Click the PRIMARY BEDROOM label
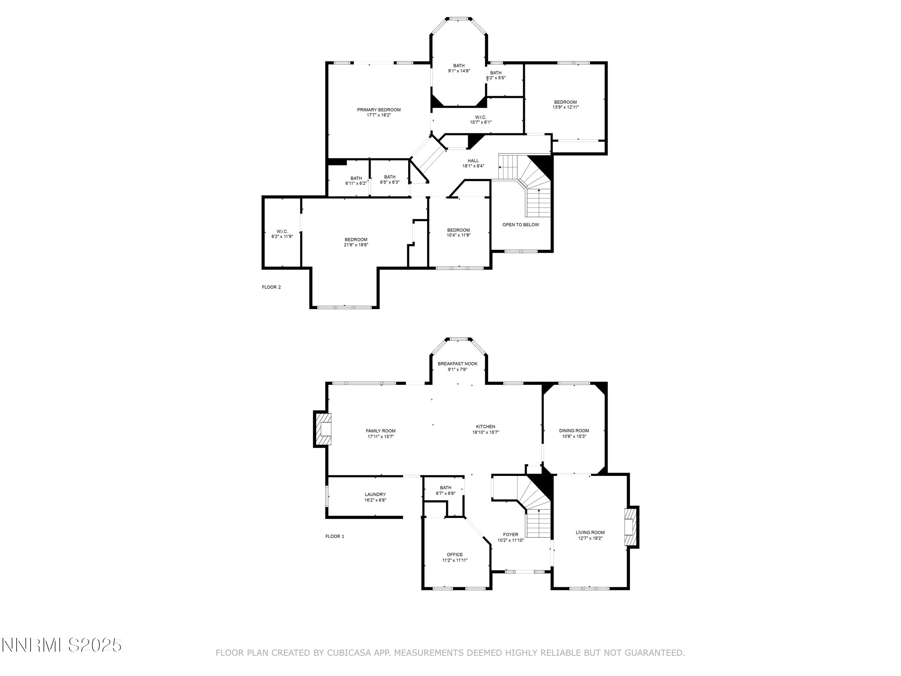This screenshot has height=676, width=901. click(378, 110)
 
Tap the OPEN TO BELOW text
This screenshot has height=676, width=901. click(520, 224)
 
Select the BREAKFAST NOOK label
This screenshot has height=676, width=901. click(457, 364)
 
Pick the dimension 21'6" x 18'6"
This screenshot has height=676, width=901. click(356, 245)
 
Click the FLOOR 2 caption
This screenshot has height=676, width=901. click(271, 287)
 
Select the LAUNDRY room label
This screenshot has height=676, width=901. click(375, 494)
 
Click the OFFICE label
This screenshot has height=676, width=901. click(455, 555)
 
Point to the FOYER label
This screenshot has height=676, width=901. click(510, 534)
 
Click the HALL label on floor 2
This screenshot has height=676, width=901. click(473, 160)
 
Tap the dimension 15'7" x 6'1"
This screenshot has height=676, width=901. click(481, 122)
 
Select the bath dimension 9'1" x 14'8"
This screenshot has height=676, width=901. click(459, 71)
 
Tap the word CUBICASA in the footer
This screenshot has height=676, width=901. click(349, 653)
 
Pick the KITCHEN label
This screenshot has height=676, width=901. click(486, 427)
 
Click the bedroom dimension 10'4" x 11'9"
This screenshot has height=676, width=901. click(458, 235)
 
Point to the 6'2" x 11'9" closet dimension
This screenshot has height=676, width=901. click(282, 236)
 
